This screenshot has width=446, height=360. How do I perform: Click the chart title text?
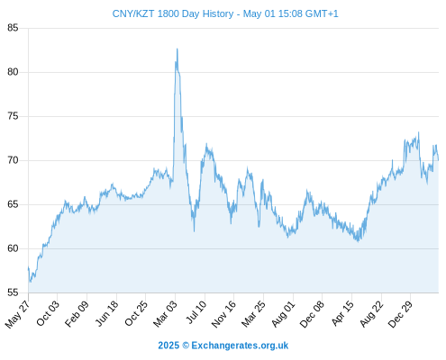[225, 13]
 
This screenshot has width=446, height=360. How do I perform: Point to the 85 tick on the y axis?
[13, 28]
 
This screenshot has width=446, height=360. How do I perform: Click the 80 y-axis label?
[13, 72]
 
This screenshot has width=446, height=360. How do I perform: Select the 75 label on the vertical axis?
[13, 116]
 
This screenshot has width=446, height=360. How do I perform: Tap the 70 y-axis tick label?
[13, 160]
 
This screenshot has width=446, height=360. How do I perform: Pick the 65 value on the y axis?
[13, 204]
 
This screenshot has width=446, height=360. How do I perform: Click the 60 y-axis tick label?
[13, 248]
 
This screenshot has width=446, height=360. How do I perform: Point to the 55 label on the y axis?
[13, 292]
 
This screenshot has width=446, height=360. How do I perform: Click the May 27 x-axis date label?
[18, 313]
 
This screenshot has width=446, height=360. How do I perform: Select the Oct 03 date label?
[48, 313]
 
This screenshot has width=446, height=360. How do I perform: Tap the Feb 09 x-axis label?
[77, 313]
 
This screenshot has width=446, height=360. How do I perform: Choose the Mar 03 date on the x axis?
[166, 313]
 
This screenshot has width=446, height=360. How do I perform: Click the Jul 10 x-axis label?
[196, 312]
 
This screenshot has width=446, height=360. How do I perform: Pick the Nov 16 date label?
[223, 314]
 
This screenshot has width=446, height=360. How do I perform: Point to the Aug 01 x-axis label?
[283, 313]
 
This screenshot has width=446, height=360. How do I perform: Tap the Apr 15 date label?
[342, 313]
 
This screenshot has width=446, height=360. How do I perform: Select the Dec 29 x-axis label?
[400, 314]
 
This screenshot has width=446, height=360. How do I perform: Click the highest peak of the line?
[177, 49]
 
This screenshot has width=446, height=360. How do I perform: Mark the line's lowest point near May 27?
[30, 282]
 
